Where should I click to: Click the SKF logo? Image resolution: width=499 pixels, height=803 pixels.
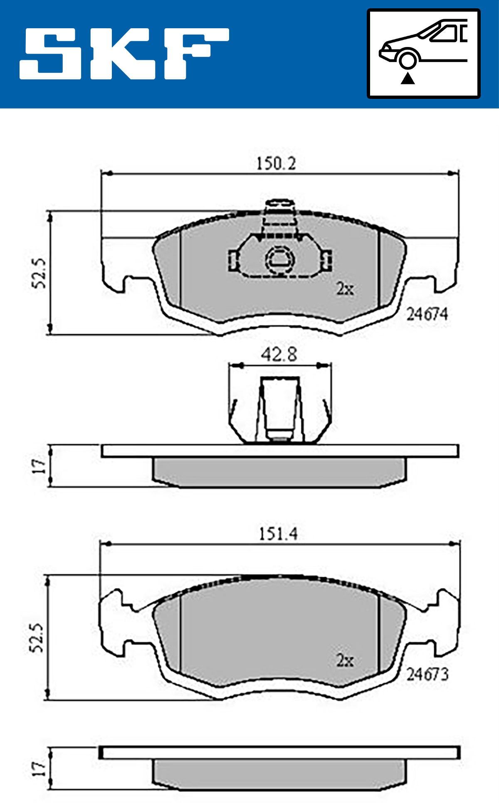pyautogui.click(x=124, y=54)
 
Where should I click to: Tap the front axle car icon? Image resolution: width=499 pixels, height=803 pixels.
pyautogui.click(x=423, y=53)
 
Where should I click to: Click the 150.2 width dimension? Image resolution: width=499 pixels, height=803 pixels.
pyautogui.click(x=276, y=163)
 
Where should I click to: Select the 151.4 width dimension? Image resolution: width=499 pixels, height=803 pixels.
pyautogui.click(x=278, y=534)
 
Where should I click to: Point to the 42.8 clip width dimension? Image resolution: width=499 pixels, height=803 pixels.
pyautogui.click(x=279, y=355)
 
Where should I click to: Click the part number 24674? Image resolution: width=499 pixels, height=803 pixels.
pyautogui.click(x=427, y=314)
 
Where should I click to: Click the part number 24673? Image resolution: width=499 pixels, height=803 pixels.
pyautogui.click(x=427, y=674)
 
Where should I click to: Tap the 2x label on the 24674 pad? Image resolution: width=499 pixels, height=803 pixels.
pyautogui.click(x=345, y=289)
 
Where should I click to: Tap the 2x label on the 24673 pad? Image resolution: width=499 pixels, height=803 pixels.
pyautogui.click(x=345, y=660)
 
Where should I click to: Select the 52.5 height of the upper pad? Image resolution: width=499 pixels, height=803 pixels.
pyautogui.click(x=39, y=273)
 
